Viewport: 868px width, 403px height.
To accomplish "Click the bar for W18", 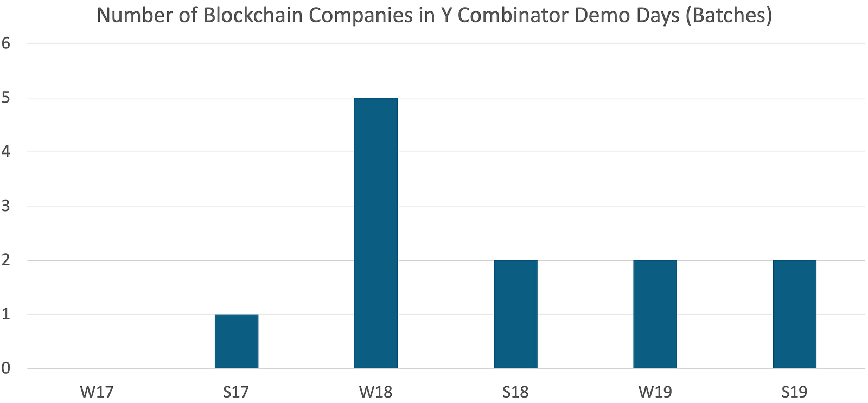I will click(x=376, y=233).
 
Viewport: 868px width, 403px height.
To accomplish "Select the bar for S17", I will click(x=237, y=342).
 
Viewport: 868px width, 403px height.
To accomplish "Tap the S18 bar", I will click(x=515, y=315).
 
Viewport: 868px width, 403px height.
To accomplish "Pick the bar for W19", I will click(x=655, y=315).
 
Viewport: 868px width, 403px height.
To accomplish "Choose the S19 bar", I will click(x=794, y=315).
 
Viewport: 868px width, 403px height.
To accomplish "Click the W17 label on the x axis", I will click(x=97, y=392).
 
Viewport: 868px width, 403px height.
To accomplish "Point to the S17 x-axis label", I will click(x=236, y=392).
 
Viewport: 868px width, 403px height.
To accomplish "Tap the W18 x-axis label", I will click(x=376, y=392).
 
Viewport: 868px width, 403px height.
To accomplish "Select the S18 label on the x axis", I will click(x=515, y=392).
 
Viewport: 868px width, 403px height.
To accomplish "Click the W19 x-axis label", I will click(x=655, y=392).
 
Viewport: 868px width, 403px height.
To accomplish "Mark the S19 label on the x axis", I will click(x=794, y=392).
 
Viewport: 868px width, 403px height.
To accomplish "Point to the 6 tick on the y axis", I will click(x=6, y=44).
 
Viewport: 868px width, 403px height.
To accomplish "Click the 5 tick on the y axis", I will click(x=6, y=98).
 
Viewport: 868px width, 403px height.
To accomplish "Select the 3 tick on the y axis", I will click(x=6, y=206).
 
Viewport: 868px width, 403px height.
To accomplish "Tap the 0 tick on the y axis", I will click(x=6, y=369).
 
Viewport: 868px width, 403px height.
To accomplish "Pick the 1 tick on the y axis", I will click(x=6, y=315).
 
